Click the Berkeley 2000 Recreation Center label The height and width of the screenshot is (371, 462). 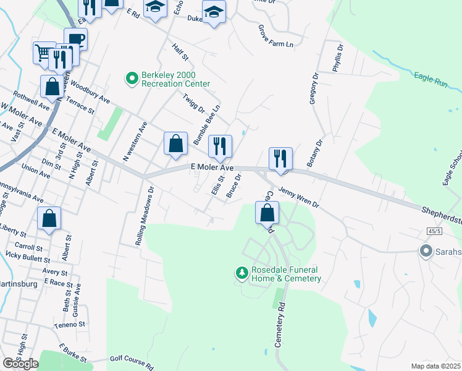pyautogui.click(x=176, y=79)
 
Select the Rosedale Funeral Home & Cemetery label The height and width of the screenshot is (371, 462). pyautogui.click(x=286, y=274)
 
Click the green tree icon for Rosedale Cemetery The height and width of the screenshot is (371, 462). pyautogui.click(x=241, y=272)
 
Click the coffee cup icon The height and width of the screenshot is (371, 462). pyautogui.click(x=77, y=40)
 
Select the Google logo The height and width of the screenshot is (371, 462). pyautogui.click(x=20, y=364)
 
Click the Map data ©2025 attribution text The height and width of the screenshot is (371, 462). pyautogui.click(x=435, y=366)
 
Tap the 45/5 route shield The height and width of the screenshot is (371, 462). pyautogui.click(x=434, y=231)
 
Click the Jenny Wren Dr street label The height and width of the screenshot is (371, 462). pyautogui.click(x=298, y=197)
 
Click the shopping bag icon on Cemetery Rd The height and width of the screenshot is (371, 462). pyautogui.click(x=267, y=213)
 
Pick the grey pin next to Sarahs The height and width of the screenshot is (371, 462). pyautogui.click(x=426, y=252)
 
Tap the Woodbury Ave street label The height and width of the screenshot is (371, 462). pyautogui.click(x=90, y=92)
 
